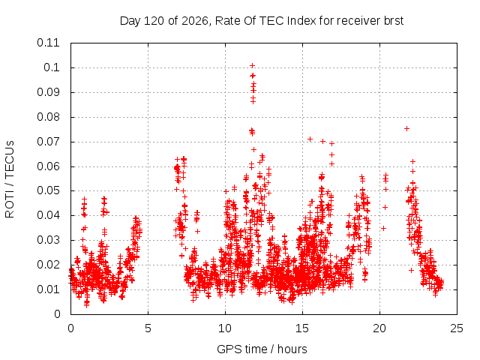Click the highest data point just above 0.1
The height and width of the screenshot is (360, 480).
(x=252, y=65)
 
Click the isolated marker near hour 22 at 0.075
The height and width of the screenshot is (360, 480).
(x=406, y=128)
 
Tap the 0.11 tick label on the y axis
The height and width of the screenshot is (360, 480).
(x=48, y=43)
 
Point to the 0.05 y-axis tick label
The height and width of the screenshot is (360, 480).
(x=48, y=190)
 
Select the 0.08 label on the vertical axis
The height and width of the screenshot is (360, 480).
(x=48, y=117)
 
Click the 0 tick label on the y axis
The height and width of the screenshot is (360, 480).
(x=57, y=314)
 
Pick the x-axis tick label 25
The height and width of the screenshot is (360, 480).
(x=457, y=328)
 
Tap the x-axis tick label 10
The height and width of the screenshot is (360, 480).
(x=225, y=328)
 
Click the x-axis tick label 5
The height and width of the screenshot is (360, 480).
(x=148, y=328)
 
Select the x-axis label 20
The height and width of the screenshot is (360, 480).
(x=379, y=328)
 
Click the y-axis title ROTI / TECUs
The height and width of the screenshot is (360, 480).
(x=10, y=179)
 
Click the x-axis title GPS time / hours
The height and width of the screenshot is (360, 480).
(x=262, y=349)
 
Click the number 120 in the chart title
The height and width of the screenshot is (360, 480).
(x=154, y=21)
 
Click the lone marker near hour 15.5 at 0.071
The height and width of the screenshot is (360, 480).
(x=310, y=139)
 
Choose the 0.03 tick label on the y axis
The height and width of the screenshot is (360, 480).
(x=48, y=240)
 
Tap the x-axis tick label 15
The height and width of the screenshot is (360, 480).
(x=302, y=328)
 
